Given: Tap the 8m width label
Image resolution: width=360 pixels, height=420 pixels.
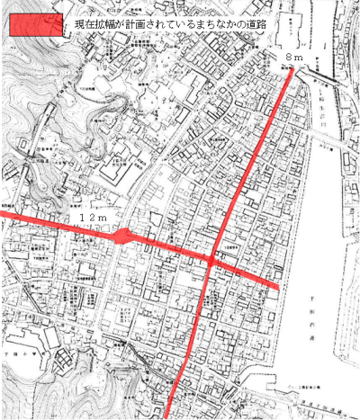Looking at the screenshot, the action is click(294, 57).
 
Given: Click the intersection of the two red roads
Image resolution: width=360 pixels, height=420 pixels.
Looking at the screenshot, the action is click(210, 259).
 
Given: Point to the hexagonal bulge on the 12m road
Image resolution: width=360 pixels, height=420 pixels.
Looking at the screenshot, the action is click(123, 237).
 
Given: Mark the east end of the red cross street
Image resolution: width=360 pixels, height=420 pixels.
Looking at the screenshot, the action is click(274, 287).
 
